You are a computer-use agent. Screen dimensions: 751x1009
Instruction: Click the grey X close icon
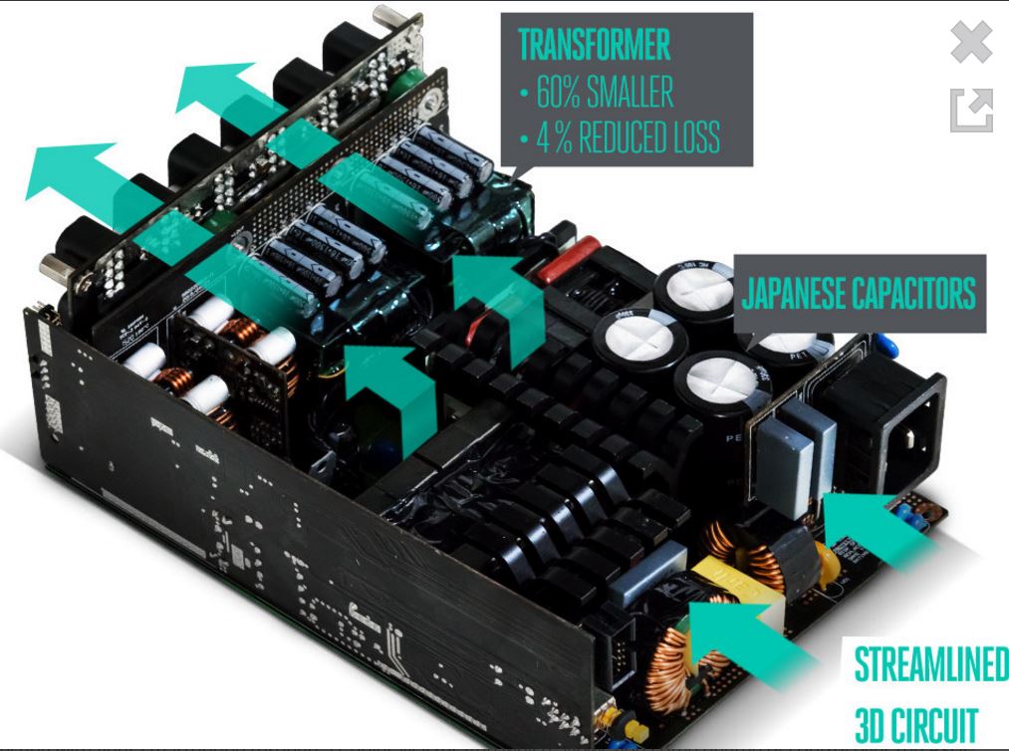(971, 43)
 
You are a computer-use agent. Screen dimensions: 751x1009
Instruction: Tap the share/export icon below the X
(971, 110)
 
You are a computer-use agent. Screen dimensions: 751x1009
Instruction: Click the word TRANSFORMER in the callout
(594, 46)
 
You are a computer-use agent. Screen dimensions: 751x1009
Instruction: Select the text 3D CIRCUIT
(915, 724)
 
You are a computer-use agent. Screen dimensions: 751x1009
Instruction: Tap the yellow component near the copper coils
(717, 577)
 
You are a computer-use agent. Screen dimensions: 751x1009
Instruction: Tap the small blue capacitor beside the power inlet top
(887, 346)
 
